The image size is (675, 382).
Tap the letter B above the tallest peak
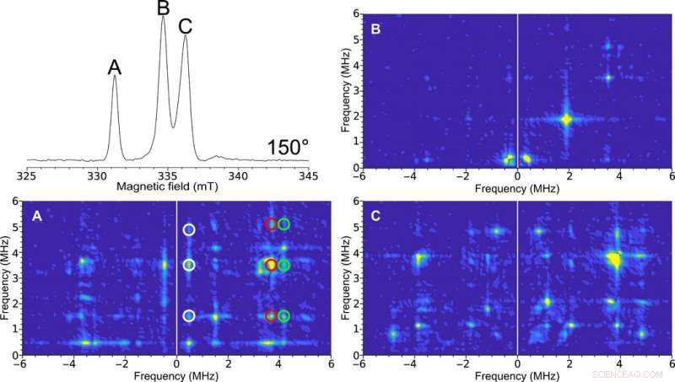click(x=164, y=9)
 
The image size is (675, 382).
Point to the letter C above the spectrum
click(x=185, y=26)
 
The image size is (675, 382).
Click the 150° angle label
click(x=288, y=148)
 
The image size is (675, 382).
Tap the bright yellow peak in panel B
click(x=567, y=120)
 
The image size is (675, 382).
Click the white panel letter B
click(x=375, y=28)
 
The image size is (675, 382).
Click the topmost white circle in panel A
click(x=189, y=229)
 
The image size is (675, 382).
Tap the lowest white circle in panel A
click(x=189, y=316)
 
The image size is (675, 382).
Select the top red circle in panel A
click(x=271, y=224)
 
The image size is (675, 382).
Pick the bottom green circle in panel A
click(x=284, y=316)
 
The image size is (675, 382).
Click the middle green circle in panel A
click(x=284, y=266)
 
